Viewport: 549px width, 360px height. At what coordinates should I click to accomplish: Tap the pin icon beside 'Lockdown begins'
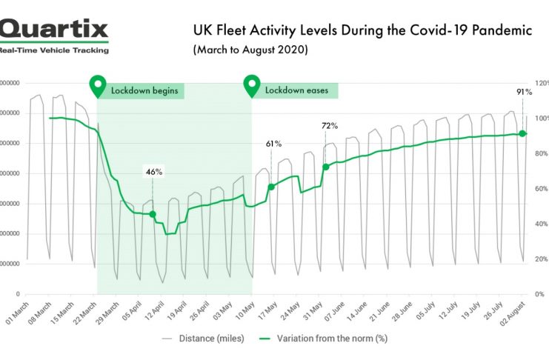coord(97,87)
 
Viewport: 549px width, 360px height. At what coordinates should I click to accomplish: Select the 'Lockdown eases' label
coord(296,90)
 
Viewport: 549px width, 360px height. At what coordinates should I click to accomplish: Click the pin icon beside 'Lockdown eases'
coord(252,87)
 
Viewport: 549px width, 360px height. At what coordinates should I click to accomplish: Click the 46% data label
coord(154,172)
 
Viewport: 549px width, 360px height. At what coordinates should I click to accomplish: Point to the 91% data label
coord(522,92)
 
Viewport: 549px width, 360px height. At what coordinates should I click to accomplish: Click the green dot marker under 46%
coord(153,214)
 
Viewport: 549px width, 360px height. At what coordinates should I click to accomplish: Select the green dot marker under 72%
coord(325,167)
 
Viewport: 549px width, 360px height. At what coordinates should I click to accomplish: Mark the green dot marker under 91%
coord(522,133)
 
